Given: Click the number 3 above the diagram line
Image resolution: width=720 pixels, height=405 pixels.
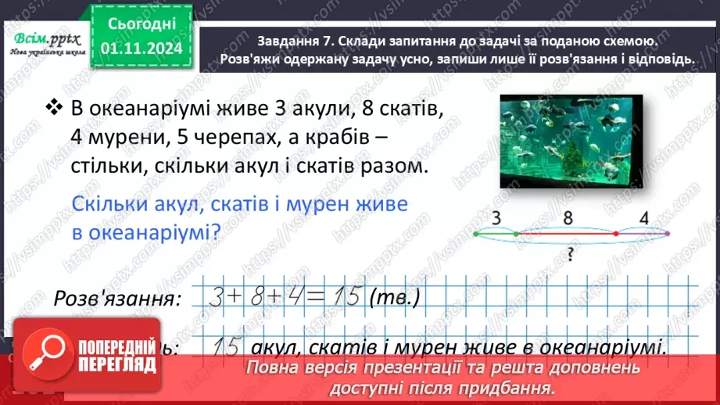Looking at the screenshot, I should (x=498, y=217).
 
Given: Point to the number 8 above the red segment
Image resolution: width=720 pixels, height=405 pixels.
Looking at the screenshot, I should (x=568, y=217).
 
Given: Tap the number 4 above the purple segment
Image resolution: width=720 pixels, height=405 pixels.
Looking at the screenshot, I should (x=643, y=217).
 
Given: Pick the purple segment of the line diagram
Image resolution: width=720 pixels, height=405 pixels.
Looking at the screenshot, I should (x=643, y=233).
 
